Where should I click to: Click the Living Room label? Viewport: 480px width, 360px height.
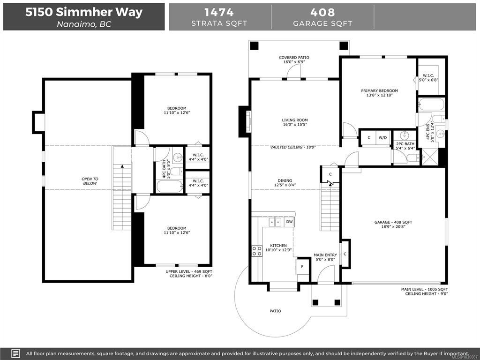pyautogui.click(x=295, y=120)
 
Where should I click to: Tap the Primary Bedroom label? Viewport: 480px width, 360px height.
pyautogui.click(x=379, y=90)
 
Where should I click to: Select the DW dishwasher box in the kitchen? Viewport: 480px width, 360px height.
pyautogui.click(x=289, y=222)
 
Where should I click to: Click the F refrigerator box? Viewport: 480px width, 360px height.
pyautogui.click(x=302, y=267)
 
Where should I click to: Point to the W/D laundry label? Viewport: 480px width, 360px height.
pyautogui.click(x=382, y=138)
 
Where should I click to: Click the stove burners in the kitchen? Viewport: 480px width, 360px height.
pyautogui.click(x=256, y=251)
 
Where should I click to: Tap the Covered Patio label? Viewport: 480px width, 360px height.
pyautogui.click(x=294, y=58)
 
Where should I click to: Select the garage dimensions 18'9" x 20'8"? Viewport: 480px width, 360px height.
pyautogui.click(x=393, y=227)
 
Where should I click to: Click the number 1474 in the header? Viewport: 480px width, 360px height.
pyautogui.click(x=219, y=12)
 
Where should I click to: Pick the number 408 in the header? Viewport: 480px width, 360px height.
pyautogui.click(x=322, y=12)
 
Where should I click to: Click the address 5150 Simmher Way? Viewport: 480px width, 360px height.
pyautogui.click(x=84, y=12)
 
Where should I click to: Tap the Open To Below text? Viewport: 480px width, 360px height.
pyautogui.click(x=90, y=181)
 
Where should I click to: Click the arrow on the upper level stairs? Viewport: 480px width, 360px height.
pyautogui.click(x=122, y=166)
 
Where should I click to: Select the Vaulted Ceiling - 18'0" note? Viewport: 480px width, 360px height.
pyautogui.click(x=293, y=147)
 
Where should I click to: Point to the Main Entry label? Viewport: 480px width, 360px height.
pyautogui.click(x=325, y=255)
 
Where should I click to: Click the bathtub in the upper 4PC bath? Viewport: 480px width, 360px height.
pyautogui.click(x=170, y=187)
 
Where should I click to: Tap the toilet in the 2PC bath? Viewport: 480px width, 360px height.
pyautogui.click(x=413, y=157)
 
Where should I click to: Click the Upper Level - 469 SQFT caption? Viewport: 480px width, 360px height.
pyautogui.click(x=189, y=271)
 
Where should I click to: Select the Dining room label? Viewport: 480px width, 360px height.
pyautogui.click(x=285, y=180)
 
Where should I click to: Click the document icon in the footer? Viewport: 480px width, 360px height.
pyautogui.click(x=15, y=353)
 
